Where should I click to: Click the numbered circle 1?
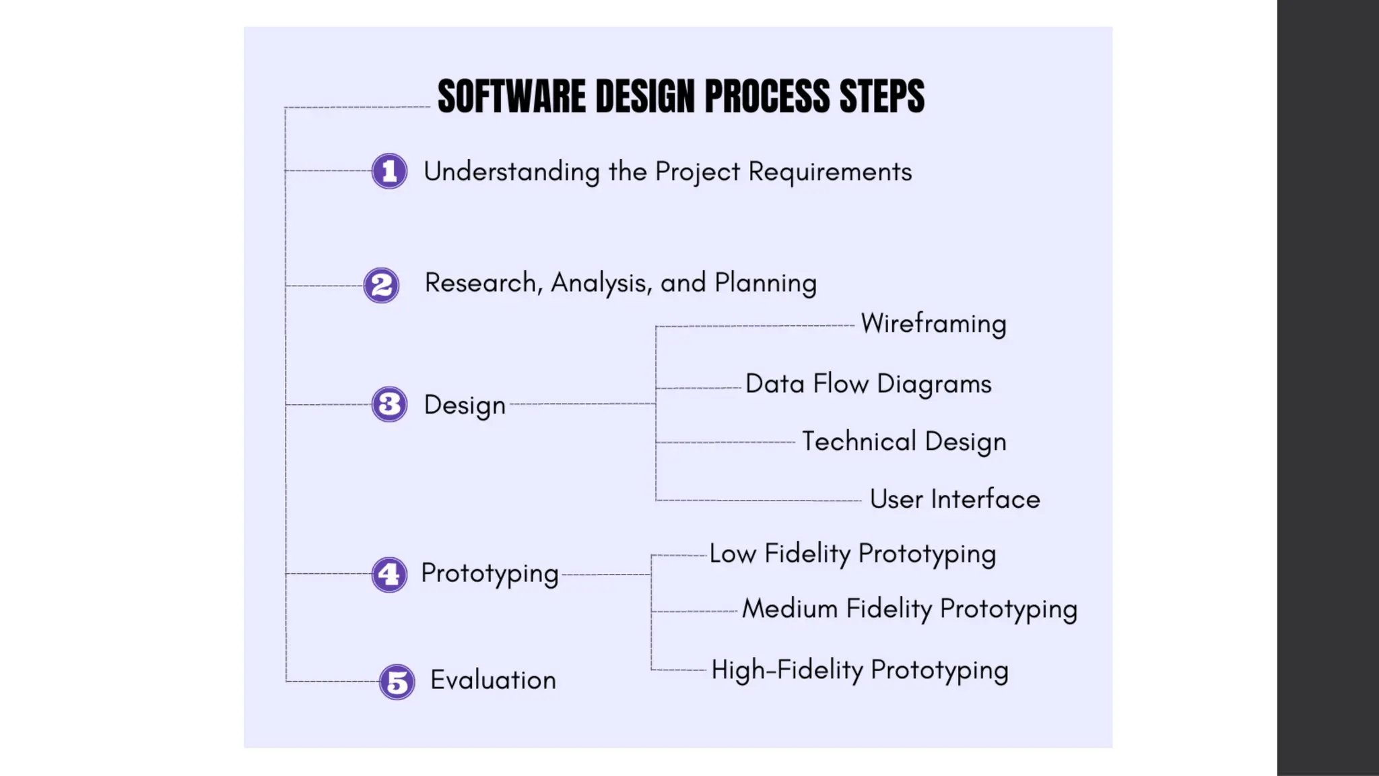(x=389, y=171)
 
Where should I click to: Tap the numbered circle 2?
(x=381, y=285)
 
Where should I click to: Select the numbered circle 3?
(x=389, y=404)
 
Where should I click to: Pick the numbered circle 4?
(x=389, y=575)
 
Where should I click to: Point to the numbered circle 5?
(x=397, y=682)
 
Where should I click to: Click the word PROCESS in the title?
(x=767, y=96)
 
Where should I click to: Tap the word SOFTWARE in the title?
(x=512, y=96)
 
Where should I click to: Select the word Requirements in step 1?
(x=830, y=172)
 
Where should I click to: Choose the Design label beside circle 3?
(x=465, y=405)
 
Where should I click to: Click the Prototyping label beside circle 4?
(x=490, y=573)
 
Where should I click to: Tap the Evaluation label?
(x=493, y=680)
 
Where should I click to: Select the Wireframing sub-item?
(x=933, y=324)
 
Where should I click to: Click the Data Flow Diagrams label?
(x=868, y=384)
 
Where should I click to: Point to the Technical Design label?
(x=904, y=442)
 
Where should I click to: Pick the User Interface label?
(x=954, y=500)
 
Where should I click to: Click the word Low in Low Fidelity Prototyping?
(x=732, y=554)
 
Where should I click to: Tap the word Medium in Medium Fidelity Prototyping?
(x=790, y=609)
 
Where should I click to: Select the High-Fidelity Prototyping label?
(x=860, y=670)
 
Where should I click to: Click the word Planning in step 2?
(x=765, y=283)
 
